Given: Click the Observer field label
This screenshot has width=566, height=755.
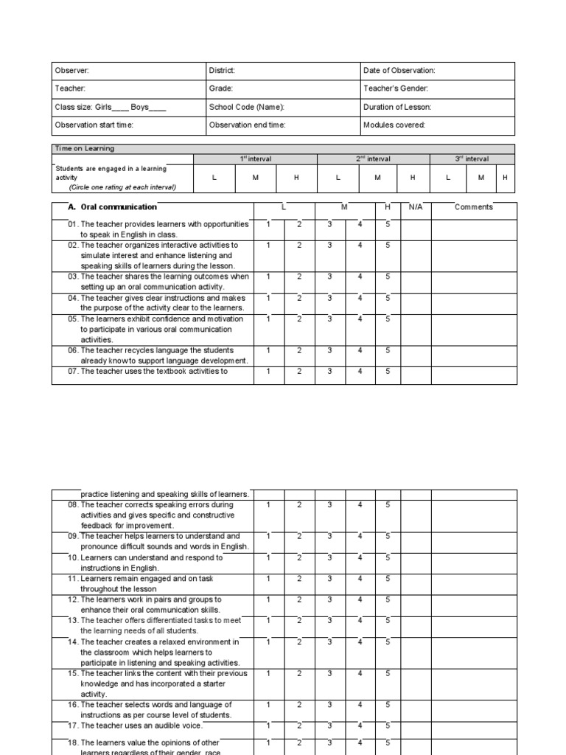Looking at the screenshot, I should pos(72,71).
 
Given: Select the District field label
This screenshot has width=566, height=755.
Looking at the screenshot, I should pos(223,71).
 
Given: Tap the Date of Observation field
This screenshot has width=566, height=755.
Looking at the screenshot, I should pos(399,71).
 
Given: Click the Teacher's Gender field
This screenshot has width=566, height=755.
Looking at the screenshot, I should pos(396,88).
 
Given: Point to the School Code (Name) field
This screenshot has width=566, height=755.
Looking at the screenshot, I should pos(246,107).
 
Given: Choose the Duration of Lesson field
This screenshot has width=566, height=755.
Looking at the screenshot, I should pos(397,107).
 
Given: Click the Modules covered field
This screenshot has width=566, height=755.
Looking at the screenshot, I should pos(394,125).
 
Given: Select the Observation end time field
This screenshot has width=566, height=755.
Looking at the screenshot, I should pos(247,125).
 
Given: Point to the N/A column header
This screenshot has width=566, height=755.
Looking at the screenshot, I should pos(416,207).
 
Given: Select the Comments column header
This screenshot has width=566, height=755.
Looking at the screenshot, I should pos(473,207).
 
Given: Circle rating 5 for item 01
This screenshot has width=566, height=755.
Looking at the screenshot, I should pos(388,224).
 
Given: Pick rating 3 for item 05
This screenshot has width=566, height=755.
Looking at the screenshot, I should pos(329,319).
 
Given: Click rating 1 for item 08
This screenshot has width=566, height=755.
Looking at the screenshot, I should pos(269,505).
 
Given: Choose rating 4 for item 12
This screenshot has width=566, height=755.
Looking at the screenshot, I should pos(360,600).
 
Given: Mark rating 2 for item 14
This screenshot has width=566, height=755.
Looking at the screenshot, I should pos(299,642).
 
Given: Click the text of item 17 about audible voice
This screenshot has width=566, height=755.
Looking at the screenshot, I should pos(139,726).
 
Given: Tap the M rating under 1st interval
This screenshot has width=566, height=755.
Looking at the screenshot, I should pos(254,178).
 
